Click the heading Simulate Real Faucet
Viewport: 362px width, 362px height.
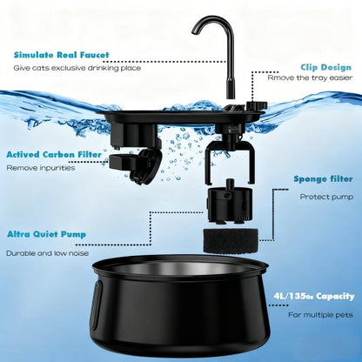coord(62,55)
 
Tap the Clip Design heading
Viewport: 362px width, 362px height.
coord(326,67)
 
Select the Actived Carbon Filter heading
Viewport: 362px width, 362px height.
coord(54,154)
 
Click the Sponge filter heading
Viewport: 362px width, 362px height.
coord(323,178)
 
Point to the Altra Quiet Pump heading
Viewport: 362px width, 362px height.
coord(46,234)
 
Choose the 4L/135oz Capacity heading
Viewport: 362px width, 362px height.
coord(314,297)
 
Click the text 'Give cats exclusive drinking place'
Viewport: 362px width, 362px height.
coord(77,68)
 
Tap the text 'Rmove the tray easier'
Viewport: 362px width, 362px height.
coord(310,77)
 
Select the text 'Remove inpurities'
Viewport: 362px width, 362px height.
coord(41,168)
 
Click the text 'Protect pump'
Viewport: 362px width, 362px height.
coord(326,197)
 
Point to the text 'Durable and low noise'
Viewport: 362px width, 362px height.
coord(47,253)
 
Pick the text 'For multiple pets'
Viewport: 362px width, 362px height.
coord(320,315)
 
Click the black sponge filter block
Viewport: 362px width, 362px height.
coord(231,241)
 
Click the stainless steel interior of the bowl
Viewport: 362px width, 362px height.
coord(180,267)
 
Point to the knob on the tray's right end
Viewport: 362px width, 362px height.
coord(254,104)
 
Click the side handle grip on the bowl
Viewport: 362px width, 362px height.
coord(96,305)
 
